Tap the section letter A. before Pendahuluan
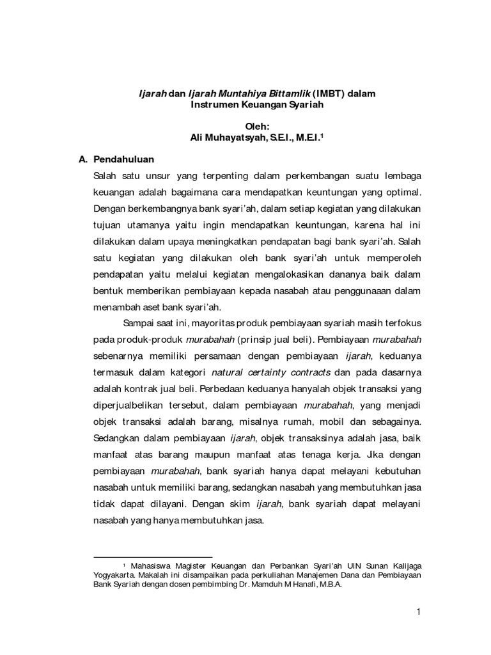tap(82, 159)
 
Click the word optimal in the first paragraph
tap(403, 192)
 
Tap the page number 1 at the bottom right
tap(418, 613)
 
